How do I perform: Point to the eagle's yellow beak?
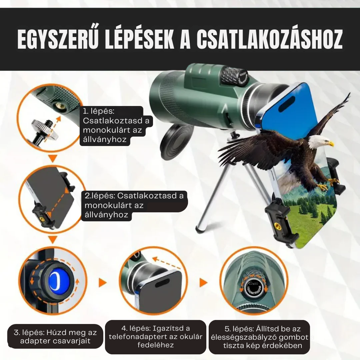click(x=331, y=144)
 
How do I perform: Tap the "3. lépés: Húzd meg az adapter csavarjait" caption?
click(x=55, y=336)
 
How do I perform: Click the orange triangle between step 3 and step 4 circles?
click(x=102, y=283)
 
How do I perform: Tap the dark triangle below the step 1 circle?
click(x=53, y=157)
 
